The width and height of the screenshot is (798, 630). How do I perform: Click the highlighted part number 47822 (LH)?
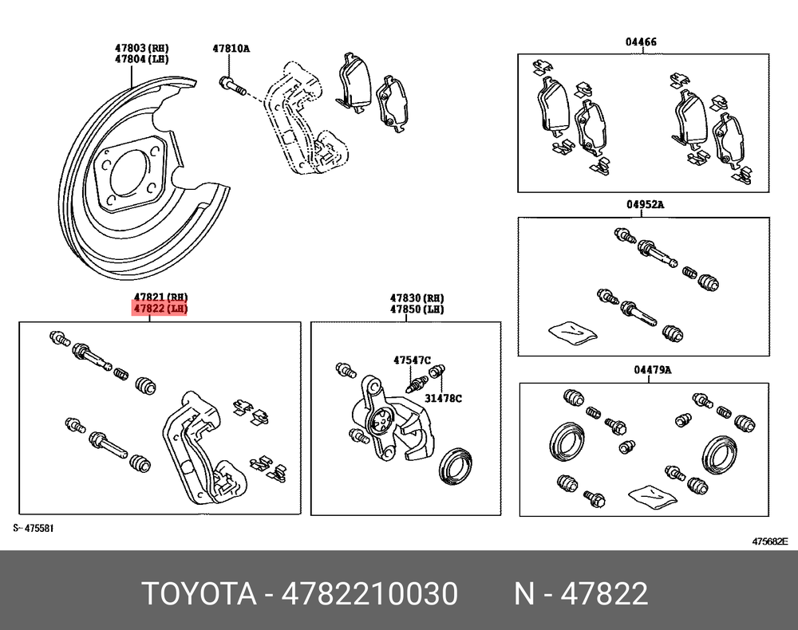(160, 308)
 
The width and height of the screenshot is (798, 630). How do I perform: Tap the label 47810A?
(231, 49)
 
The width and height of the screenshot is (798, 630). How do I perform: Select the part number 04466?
(641, 41)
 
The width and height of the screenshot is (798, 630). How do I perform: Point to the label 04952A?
(645, 204)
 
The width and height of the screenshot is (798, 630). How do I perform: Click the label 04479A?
(653, 370)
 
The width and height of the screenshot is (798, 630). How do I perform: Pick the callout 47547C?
(413, 360)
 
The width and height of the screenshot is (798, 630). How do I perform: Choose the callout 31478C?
(443, 398)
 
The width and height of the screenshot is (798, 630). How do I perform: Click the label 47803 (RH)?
(141, 49)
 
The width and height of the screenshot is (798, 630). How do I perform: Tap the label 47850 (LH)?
(417, 309)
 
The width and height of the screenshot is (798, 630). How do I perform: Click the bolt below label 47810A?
(232, 86)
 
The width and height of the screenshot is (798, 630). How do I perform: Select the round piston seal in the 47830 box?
(456, 467)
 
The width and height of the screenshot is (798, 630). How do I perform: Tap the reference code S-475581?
(34, 528)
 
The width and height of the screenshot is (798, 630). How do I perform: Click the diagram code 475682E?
(770, 541)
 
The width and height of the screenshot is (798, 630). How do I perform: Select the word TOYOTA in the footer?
(199, 593)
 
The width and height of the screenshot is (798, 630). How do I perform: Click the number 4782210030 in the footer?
(369, 593)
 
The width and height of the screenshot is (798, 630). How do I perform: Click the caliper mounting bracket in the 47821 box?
(203, 447)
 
